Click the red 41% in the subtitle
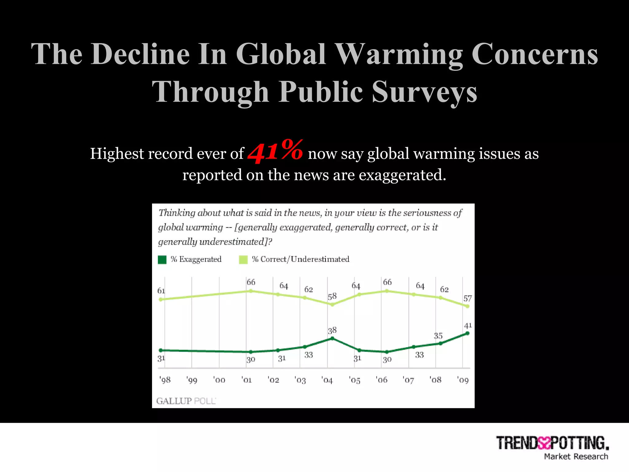point(275,151)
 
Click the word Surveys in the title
point(424,92)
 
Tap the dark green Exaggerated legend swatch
point(162,260)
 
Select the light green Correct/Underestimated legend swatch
point(243,260)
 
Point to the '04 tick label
point(327,380)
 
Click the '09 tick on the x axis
point(463,380)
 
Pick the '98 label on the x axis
point(165,380)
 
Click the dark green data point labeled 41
point(467,333)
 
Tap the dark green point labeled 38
point(332,338)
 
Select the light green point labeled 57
point(467,306)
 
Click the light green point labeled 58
point(332,305)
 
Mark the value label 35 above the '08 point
point(438,336)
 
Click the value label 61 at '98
point(161,291)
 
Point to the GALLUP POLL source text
point(186,401)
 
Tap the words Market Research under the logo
point(576,457)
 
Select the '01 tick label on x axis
point(247,380)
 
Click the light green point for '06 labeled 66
point(387,291)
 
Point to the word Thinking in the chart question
point(177,213)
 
